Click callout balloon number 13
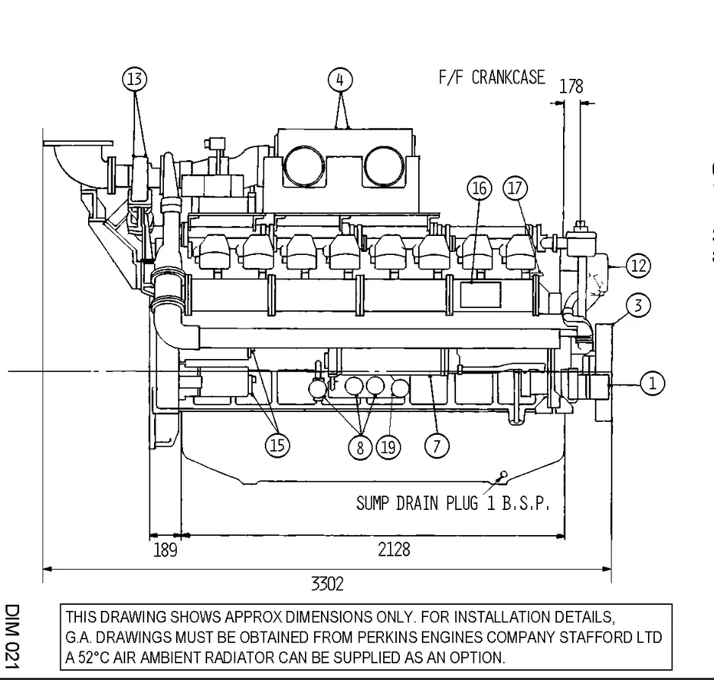pyautogui.click(x=135, y=79)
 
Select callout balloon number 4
pyautogui.click(x=341, y=79)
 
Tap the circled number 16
pyautogui.click(x=480, y=188)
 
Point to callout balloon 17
pyautogui.click(x=516, y=188)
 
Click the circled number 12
pyautogui.click(x=638, y=266)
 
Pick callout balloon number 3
pyautogui.click(x=639, y=306)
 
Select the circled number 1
pyautogui.click(x=653, y=383)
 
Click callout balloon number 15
pyautogui.click(x=278, y=445)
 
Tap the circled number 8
pyautogui.click(x=360, y=447)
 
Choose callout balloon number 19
pyautogui.click(x=388, y=447)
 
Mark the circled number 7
pyautogui.click(x=436, y=445)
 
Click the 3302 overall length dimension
pyautogui.click(x=327, y=584)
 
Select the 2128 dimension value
pyautogui.click(x=394, y=549)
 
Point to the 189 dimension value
pyautogui.click(x=165, y=549)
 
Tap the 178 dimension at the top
pyautogui.click(x=571, y=86)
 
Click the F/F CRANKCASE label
pyautogui.click(x=492, y=77)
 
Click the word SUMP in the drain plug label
pyautogui.click(x=374, y=503)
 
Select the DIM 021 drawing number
pyautogui.click(x=13, y=637)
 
